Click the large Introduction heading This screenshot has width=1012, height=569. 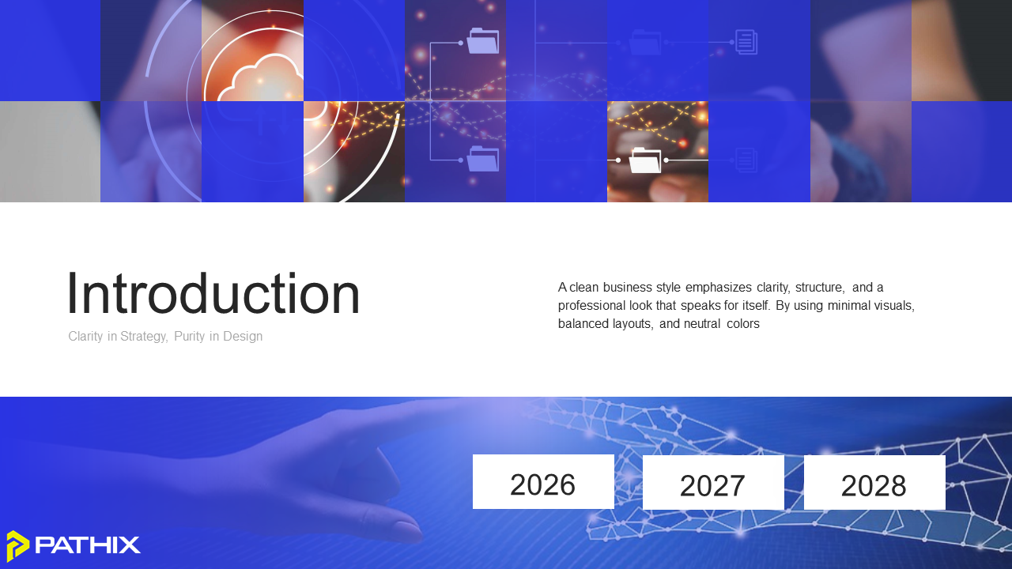pyautogui.click(x=213, y=293)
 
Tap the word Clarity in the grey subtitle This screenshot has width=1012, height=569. pyautogui.click(x=85, y=337)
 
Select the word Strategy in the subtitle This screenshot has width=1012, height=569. pyautogui.click(x=144, y=337)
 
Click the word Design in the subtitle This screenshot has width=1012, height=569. pyautogui.click(x=243, y=337)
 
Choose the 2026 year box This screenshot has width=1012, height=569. pyautogui.click(x=543, y=482)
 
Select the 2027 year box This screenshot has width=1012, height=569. pyautogui.click(x=713, y=482)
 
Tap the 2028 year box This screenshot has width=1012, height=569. pyautogui.click(x=874, y=482)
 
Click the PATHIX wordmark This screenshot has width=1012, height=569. pyautogui.click(x=88, y=545)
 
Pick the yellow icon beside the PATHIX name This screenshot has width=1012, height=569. pyautogui.click(x=18, y=546)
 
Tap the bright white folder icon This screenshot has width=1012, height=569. pyautogui.click(x=645, y=160)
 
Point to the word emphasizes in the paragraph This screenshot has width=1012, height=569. pyautogui.click(x=719, y=288)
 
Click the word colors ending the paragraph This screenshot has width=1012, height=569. pyautogui.click(x=743, y=324)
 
